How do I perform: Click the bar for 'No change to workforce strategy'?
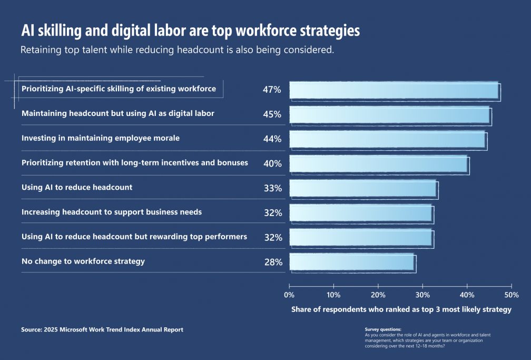coord(352,262)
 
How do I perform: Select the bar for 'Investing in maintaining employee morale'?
coord(388,139)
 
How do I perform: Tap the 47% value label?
coord(272,90)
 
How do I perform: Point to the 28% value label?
coord(273,262)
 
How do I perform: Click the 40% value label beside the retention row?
coord(272,163)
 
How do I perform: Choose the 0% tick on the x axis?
coord(289,295)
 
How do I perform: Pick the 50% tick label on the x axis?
coord(511,295)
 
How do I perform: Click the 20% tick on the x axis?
coord(378,295)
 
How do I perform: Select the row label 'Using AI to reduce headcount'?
coord(77,187)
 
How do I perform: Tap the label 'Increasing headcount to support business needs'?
coord(112,212)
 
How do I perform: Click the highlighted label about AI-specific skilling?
coord(119,89)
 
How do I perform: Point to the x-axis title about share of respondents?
coord(401,309)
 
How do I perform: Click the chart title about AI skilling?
coord(190,31)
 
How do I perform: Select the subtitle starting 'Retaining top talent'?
coord(178,51)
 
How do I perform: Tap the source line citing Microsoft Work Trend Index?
coord(102,329)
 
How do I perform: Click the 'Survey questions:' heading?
coord(383,329)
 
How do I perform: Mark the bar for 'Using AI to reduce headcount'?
coord(363,188)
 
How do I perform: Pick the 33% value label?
coord(273,188)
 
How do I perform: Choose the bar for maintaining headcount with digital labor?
coord(390,114)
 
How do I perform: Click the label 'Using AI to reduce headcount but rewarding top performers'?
coord(134,237)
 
